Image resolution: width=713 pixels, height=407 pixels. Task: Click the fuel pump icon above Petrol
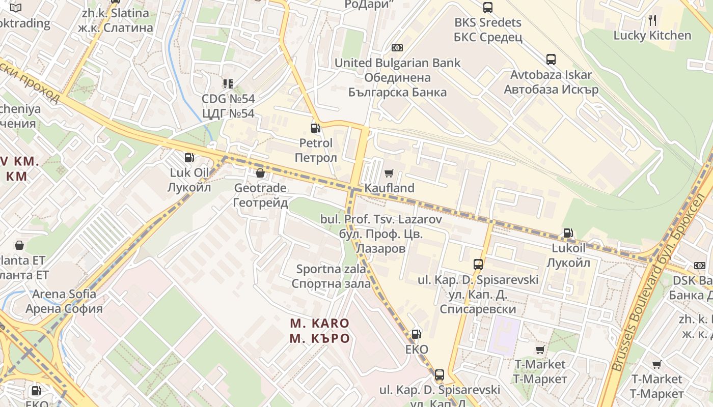click(x=316, y=128)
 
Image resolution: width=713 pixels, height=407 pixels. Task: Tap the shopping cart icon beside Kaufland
click(x=389, y=173)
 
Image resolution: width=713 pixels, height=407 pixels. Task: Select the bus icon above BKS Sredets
click(x=488, y=7)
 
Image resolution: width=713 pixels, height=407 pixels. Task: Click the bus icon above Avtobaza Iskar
click(x=551, y=60)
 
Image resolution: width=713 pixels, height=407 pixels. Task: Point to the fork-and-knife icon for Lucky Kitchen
click(x=652, y=20)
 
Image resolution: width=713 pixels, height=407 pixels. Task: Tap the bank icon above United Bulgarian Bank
click(x=397, y=48)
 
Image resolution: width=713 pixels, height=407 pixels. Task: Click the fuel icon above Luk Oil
click(x=189, y=158)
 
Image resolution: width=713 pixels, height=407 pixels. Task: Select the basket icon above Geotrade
click(x=260, y=173)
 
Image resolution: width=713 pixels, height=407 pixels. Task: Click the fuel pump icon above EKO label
click(x=417, y=334)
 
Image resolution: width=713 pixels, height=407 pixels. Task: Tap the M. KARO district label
click(x=320, y=331)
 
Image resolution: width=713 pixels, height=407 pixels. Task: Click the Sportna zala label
click(x=331, y=276)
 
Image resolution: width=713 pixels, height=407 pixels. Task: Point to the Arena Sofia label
click(x=64, y=301)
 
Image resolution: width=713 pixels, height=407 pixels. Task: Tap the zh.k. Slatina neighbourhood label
click(x=116, y=20)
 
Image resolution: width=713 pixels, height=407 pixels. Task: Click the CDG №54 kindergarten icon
click(x=228, y=83)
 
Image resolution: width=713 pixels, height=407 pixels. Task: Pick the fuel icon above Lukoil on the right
click(x=568, y=234)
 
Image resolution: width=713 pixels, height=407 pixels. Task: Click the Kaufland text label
click(x=389, y=188)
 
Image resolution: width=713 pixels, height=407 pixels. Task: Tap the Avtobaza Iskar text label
click(x=551, y=82)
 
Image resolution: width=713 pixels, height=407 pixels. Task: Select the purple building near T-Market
click(x=504, y=336)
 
